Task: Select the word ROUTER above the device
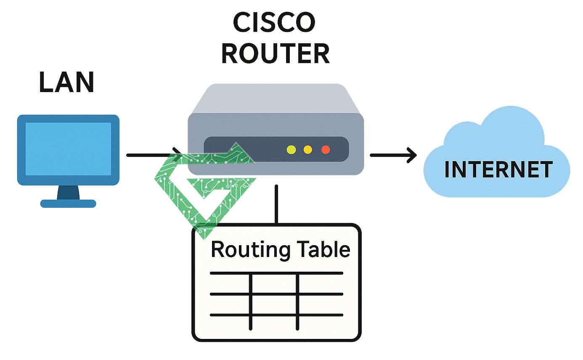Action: (x=276, y=53)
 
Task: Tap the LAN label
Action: (x=66, y=82)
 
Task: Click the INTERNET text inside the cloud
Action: (x=498, y=169)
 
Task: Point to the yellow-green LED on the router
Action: (x=291, y=149)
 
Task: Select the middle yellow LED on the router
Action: (x=307, y=149)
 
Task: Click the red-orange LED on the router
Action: (x=325, y=149)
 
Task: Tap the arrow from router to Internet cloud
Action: (x=393, y=155)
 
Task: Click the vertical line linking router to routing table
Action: (x=276, y=204)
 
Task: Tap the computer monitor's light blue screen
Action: (x=68, y=149)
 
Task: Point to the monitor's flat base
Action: (x=68, y=204)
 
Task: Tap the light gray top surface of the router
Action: (x=276, y=99)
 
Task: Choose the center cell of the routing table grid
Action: (x=274, y=304)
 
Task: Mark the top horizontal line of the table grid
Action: (x=276, y=273)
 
